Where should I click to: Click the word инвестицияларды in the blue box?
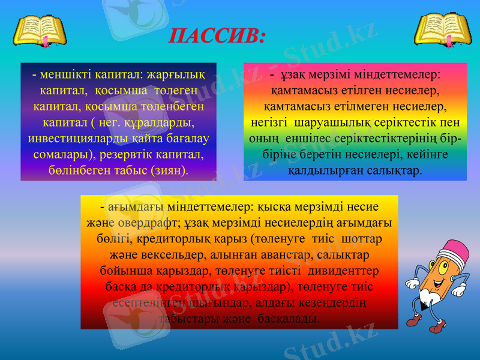pos(67,138)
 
